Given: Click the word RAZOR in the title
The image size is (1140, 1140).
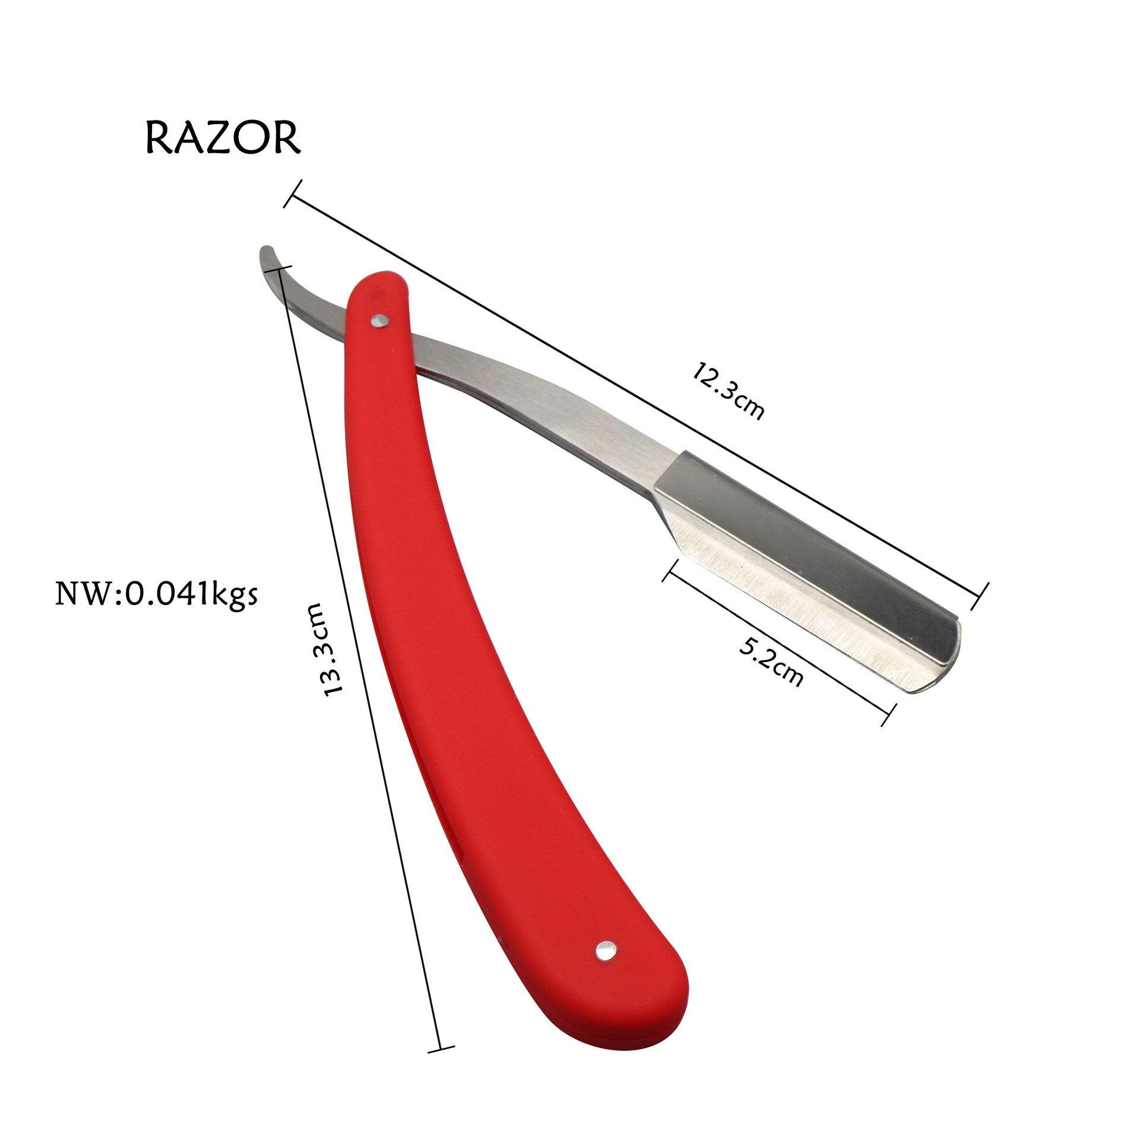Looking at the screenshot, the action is [x=223, y=138].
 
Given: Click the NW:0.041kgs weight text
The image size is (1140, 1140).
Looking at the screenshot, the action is [x=157, y=593].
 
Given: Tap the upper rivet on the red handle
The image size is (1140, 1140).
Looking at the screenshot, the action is [x=378, y=321].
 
